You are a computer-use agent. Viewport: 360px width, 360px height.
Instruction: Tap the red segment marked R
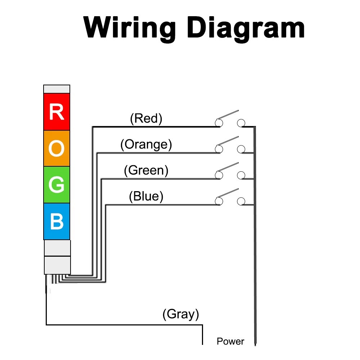[57, 112]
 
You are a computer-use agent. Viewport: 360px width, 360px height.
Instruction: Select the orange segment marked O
[57, 148]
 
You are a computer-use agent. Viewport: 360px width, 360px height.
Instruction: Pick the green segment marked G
[57, 185]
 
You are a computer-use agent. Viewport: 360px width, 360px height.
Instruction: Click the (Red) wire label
[146, 118]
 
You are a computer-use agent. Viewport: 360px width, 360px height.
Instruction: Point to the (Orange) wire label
[146, 144]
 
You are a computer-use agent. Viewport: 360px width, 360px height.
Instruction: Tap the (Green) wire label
[146, 170]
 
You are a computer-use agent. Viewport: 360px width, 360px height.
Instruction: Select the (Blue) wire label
[146, 197]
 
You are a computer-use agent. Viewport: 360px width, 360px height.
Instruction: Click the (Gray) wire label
[181, 314]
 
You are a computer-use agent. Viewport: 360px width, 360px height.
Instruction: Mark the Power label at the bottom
[230, 341]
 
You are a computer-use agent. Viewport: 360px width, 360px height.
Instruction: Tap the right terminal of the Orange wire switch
[241, 149]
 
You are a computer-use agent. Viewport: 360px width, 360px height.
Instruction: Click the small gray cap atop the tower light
[57, 89]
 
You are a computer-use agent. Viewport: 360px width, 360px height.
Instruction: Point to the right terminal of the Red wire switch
[241, 123]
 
